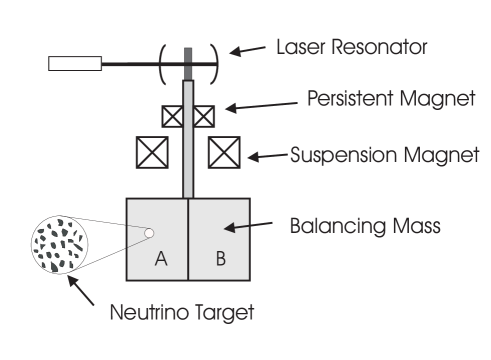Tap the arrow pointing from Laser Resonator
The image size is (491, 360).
[x=249, y=49]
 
